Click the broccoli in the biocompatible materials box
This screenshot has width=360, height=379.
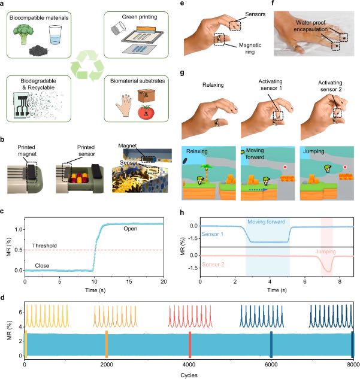(23, 35)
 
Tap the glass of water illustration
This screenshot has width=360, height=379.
(55, 35)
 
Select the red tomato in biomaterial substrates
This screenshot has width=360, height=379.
(146, 112)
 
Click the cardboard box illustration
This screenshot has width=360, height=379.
(146, 96)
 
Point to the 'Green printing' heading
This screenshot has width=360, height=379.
(140, 17)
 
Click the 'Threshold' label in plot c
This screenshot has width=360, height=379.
(44, 245)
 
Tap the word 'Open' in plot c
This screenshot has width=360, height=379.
(131, 229)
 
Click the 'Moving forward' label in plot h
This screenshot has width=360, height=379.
(266, 222)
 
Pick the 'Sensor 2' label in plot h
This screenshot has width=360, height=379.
(213, 265)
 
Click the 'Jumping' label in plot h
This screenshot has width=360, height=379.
(325, 251)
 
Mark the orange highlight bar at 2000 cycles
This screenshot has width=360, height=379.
(107, 344)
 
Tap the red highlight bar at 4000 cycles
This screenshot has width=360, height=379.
(190, 345)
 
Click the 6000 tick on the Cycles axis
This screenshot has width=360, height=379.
(271, 365)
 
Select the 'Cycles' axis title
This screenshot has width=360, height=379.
(189, 375)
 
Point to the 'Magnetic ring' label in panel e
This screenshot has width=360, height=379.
(250, 48)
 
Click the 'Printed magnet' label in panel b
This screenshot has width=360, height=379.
(27, 150)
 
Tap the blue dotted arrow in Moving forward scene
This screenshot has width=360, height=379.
(258, 190)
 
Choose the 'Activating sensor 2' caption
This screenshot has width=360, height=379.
(330, 86)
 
